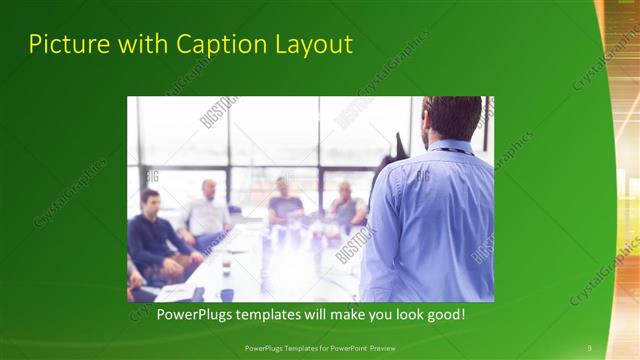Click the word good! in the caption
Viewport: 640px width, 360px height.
pyautogui.click(x=444, y=314)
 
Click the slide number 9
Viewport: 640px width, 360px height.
pyautogui.click(x=589, y=347)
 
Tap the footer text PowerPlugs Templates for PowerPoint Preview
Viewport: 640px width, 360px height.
pyautogui.click(x=320, y=347)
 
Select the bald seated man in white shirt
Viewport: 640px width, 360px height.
pyautogui.click(x=207, y=211)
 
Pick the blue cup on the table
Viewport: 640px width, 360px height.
pyautogui.click(x=227, y=294)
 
